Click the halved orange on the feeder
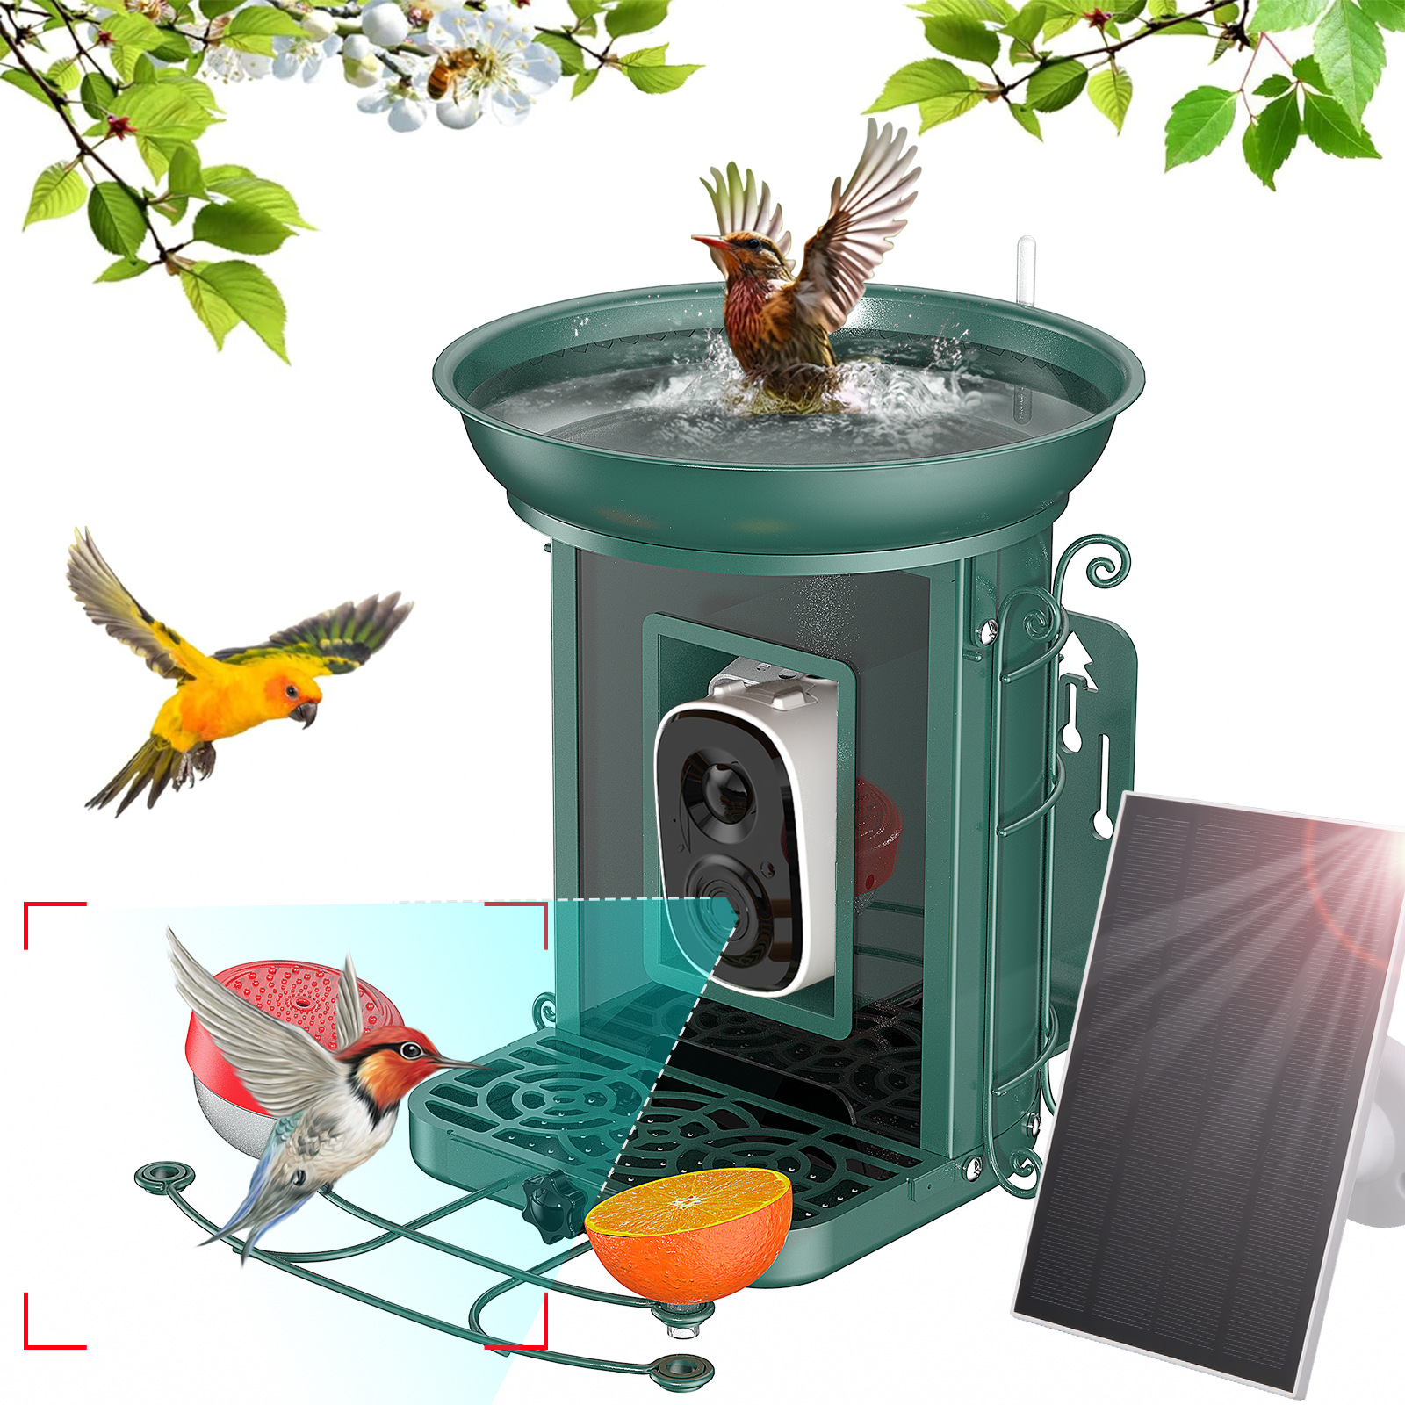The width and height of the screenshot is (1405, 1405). pos(688,1229)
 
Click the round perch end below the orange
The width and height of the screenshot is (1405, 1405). pos(676,1369)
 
